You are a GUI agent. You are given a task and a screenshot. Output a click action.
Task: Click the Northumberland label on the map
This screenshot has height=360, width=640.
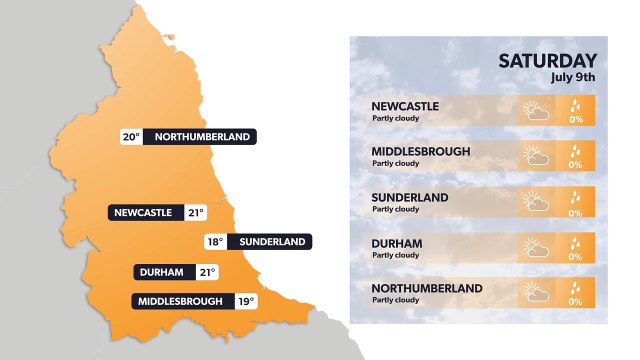coord(203,137)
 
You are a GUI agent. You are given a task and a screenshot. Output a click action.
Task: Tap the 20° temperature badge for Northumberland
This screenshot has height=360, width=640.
coord(130,137)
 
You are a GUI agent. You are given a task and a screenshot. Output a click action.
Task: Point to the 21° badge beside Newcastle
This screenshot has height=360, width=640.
coord(195,212)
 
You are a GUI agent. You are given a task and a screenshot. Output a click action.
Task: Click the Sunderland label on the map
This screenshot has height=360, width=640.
coord(270,242)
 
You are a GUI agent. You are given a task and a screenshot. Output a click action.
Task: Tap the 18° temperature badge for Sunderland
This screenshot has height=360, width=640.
coord(214,242)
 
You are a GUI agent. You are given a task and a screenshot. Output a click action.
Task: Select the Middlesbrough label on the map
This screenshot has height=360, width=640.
coord(182,301)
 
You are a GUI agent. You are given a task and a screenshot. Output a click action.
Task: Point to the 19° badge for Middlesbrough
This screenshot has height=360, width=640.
coord(246,301)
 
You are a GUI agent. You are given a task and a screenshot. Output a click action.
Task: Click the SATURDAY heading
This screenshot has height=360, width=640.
coord(547,61)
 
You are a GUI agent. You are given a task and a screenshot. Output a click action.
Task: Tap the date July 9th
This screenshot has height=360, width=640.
coord(573,77)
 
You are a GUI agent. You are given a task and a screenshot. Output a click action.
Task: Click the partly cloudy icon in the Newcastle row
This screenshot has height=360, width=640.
coord(536,110)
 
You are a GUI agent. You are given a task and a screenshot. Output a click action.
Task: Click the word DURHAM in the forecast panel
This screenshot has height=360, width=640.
coord(397,243)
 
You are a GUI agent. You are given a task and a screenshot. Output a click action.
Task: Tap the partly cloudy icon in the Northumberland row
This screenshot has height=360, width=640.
coord(536,293)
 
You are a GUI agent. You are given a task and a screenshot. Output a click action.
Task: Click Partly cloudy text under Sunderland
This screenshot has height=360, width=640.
coord(395,209)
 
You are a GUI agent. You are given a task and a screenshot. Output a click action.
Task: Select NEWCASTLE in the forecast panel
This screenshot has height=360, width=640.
coord(405,106)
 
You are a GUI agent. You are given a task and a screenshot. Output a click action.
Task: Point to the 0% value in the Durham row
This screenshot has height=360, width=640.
coord(575,258)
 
